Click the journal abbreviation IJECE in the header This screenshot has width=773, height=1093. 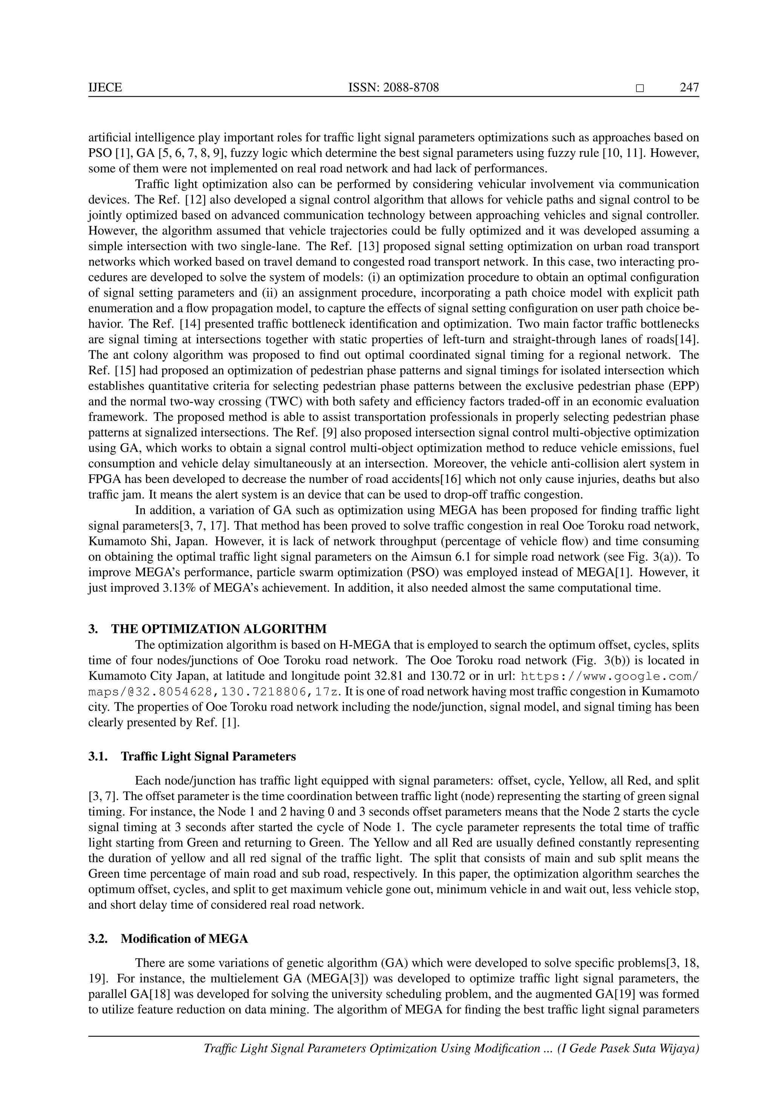[x=105, y=88]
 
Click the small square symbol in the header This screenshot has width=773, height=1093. [x=640, y=88]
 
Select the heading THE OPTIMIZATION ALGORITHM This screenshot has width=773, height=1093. [x=219, y=629]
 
